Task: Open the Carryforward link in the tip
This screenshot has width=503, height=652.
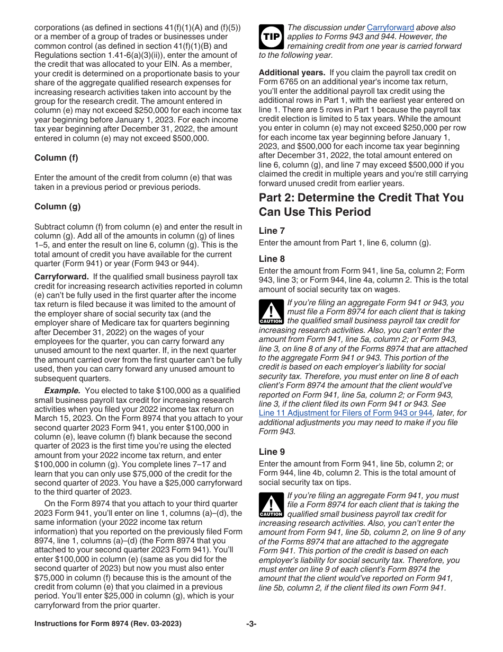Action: click(390, 28)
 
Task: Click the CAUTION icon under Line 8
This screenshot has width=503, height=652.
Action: click(271, 312)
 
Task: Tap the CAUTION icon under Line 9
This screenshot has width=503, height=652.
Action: click(271, 505)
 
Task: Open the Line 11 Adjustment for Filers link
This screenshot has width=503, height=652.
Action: click(345, 413)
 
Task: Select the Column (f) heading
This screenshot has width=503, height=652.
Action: click(57, 158)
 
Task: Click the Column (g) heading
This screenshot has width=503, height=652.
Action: click(57, 207)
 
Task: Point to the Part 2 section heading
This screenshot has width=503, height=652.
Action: click(361, 205)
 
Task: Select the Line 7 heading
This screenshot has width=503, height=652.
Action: click(272, 231)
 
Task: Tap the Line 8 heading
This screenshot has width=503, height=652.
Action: click(272, 259)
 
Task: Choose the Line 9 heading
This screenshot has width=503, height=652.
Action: click(272, 452)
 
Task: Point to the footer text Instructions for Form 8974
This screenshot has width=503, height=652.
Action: click(107, 624)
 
